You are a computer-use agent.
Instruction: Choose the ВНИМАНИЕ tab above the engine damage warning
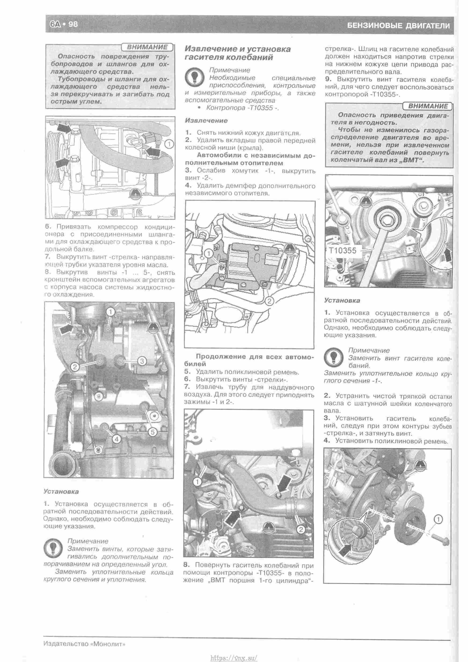point(428,106)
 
